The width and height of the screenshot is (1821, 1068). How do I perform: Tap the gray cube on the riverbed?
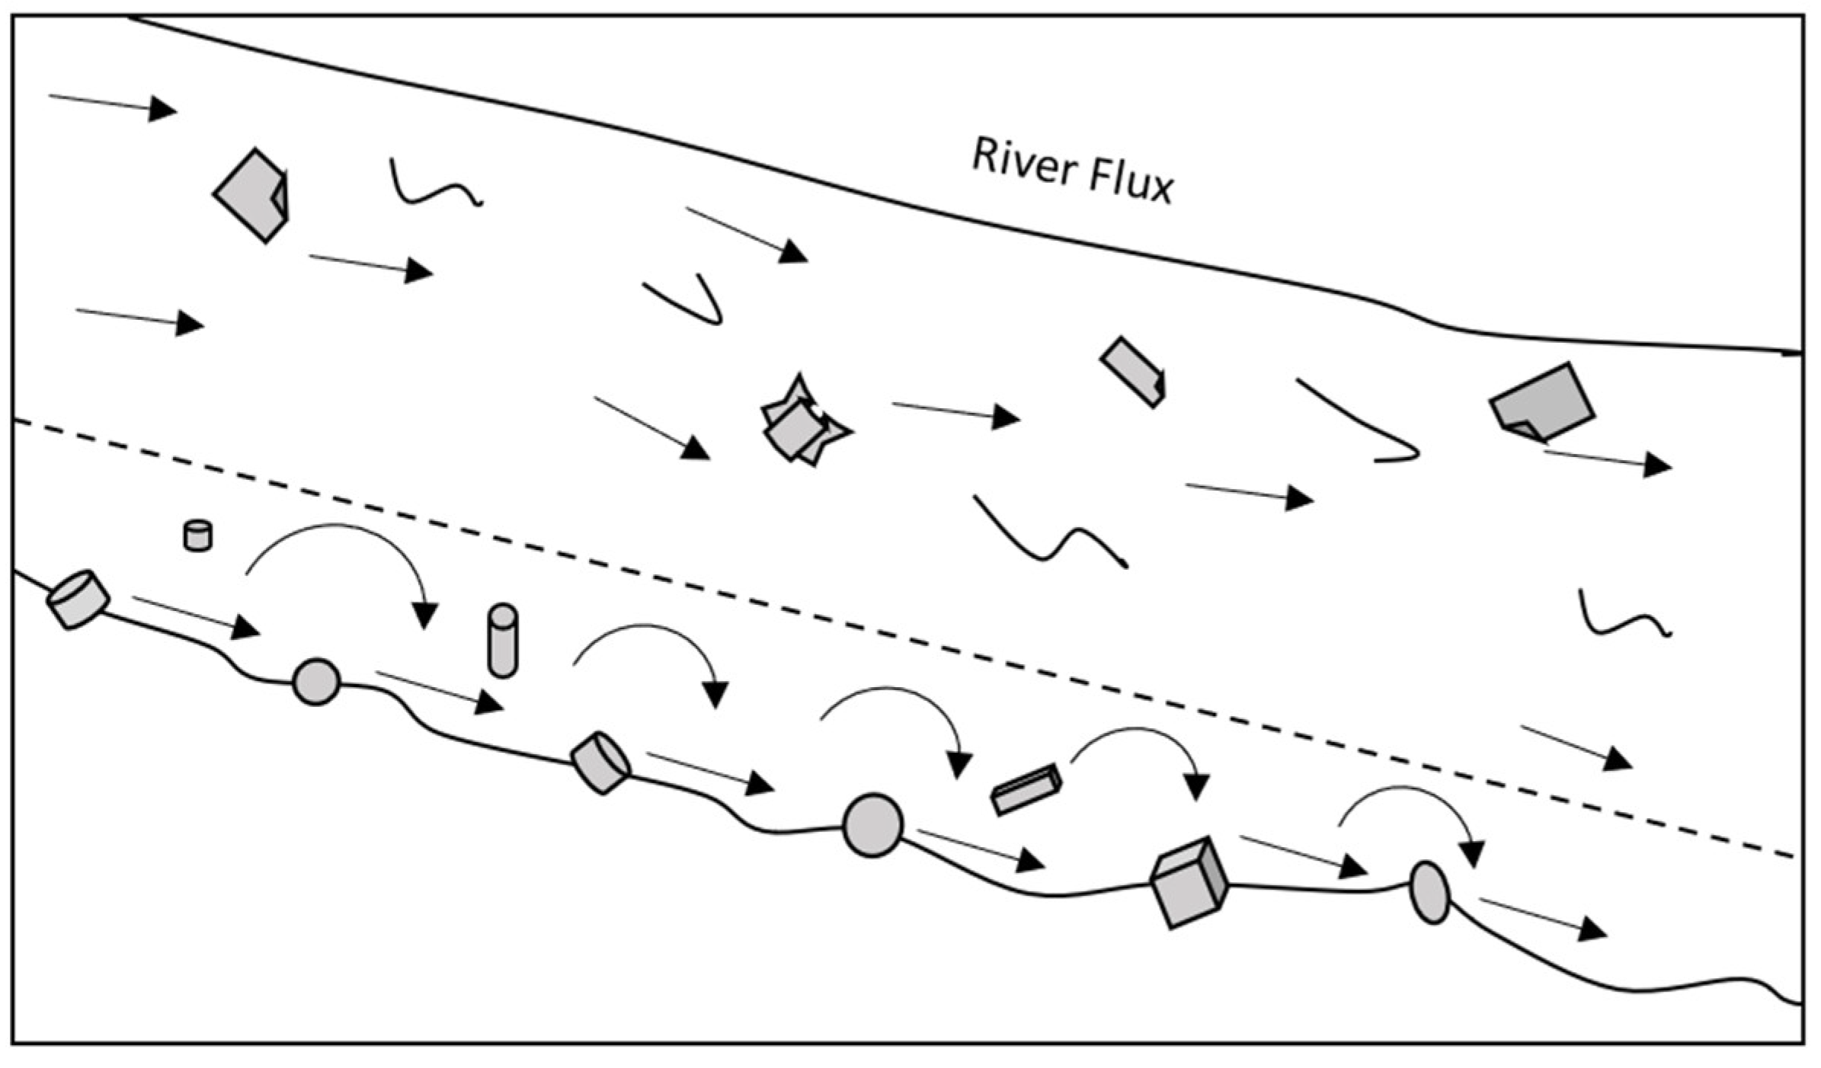coord(1188,883)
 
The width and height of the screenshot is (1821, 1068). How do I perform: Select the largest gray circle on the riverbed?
coord(872,825)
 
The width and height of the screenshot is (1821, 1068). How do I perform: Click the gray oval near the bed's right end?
coord(1430,892)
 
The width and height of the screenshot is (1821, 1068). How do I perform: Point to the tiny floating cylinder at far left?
coord(198,536)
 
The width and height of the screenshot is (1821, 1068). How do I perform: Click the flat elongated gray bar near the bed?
coord(1026,789)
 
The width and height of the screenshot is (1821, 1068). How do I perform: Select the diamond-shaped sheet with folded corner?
coord(251,196)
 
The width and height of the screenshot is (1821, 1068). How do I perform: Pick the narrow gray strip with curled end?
coord(1133,372)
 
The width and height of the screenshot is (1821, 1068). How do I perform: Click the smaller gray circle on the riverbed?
coord(316,682)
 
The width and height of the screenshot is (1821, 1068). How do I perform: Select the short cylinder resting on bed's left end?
coord(78,600)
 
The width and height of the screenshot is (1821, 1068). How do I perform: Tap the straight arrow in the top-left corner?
coord(113,104)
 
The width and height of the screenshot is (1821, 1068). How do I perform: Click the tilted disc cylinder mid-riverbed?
coord(600,763)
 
